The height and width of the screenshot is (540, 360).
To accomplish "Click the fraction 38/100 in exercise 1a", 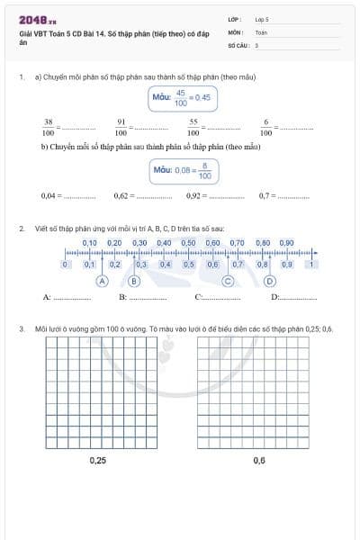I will click(49, 126).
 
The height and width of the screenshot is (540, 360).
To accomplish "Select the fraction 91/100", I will click(121, 126).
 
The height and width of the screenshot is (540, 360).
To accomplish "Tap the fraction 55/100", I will click(193, 126).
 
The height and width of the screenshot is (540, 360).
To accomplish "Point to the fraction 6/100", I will click(265, 126).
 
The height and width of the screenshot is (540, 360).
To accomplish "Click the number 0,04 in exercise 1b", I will click(50, 195).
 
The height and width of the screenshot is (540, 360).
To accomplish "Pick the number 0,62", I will click(123, 195).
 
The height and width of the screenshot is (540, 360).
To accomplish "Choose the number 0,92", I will click(195, 195).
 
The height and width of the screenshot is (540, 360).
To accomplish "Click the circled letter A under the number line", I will click(103, 281).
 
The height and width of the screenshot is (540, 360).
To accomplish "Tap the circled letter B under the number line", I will click(134, 281).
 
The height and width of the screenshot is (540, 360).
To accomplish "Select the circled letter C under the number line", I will click(229, 281).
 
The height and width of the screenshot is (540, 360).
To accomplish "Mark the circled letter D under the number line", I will click(269, 281).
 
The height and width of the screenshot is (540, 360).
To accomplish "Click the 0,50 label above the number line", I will click(188, 243).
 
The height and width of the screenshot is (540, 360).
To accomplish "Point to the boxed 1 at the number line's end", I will click(311, 265).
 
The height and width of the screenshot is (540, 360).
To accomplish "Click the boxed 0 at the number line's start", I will click(65, 265).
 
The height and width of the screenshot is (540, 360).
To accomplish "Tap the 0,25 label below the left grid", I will click(98, 460).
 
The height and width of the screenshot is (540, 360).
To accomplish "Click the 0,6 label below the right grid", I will click(259, 460).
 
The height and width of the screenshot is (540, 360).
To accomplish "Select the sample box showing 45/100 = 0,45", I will click(180, 96).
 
